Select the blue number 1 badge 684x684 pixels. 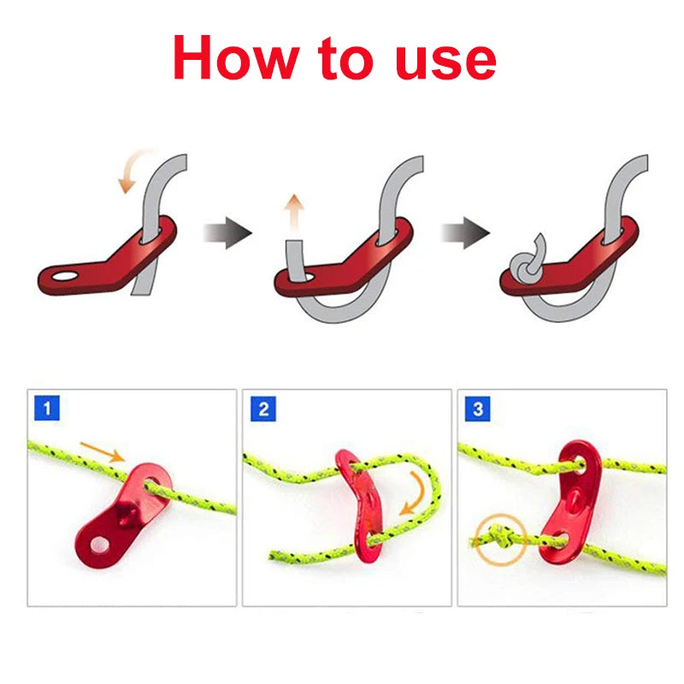click(x=47, y=409)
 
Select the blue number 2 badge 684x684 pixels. click(x=262, y=409)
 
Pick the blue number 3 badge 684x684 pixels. click(x=478, y=409)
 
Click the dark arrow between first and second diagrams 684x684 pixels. click(x=227, y=232)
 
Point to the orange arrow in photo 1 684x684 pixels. click(x=102, y=453)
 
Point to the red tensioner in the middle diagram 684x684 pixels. click(x=342, y=256)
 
